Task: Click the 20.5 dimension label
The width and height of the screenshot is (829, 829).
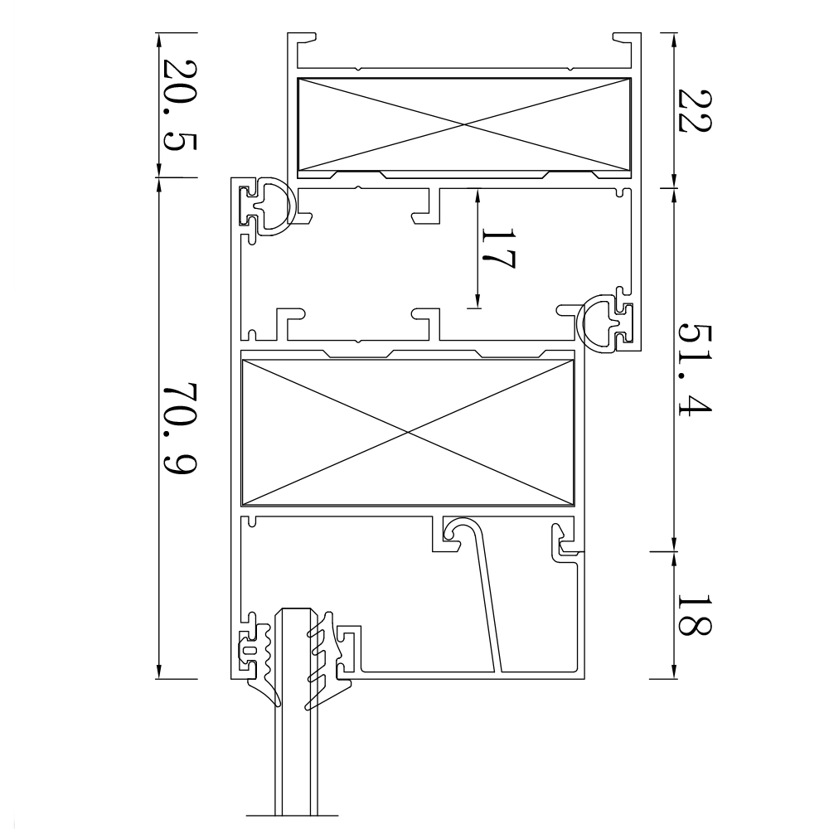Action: pos(177,104)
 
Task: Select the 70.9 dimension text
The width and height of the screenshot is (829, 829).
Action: pos(177,429)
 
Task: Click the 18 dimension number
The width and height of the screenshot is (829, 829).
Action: pos(693,614)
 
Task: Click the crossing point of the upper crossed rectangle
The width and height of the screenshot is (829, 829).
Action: pos(463,125)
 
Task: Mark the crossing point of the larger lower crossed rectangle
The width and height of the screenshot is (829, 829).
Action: pos(406,432)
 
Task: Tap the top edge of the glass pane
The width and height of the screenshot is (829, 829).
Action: pos(297,610)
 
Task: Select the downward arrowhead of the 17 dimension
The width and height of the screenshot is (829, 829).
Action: pos(479,302)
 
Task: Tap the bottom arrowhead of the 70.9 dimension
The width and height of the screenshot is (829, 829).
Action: pos(158,672)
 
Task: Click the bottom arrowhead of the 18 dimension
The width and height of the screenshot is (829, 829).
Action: pos(673,672)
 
